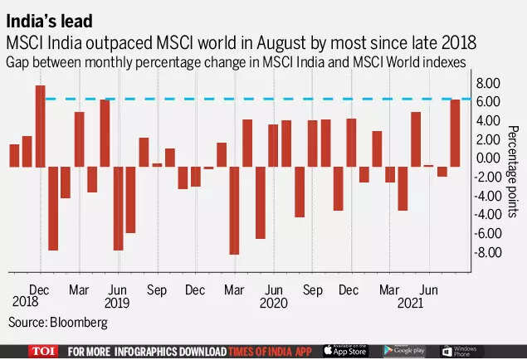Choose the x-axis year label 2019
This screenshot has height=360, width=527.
117,304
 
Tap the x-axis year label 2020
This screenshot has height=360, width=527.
274,304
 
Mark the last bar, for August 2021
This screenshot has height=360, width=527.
456,133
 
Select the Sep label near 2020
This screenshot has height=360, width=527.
313,289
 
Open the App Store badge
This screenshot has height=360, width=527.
344,352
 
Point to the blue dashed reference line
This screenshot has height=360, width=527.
249,100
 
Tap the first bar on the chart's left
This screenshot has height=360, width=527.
14,155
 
